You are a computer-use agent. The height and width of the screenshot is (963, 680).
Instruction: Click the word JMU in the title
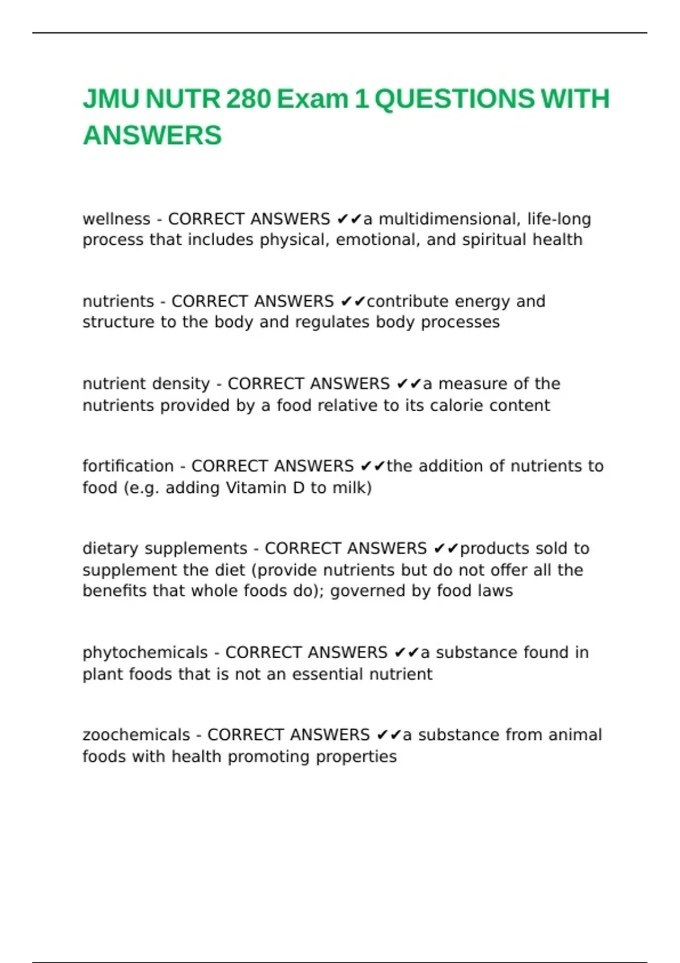tap(111, 99)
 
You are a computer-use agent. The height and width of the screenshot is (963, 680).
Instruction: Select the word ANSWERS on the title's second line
tap(152, 136)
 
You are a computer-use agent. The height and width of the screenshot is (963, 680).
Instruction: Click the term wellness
tap(116, 219)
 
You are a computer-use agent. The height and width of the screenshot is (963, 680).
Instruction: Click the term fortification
tap(128, 466)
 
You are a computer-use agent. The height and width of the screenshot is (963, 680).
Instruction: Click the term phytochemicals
tap(145, 653)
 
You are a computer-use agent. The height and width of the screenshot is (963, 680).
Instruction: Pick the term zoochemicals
tap(136, 735)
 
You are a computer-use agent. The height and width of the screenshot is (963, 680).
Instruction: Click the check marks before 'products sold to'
tap(446, 548)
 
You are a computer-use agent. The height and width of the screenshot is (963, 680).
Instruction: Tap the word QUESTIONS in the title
tap(454, 99)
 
